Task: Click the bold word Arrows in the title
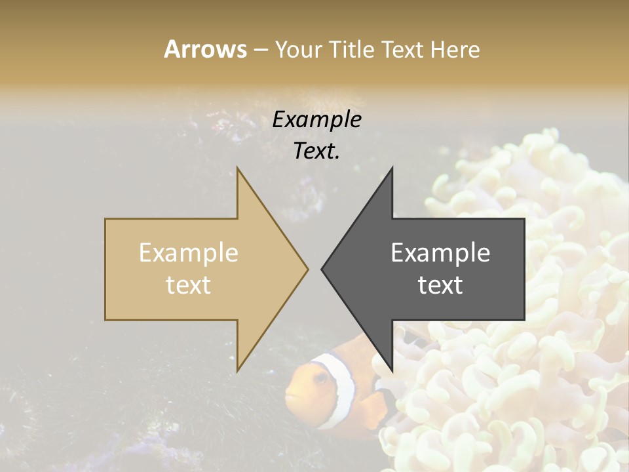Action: tap(206, 49)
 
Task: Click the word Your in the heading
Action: tap(298, 50)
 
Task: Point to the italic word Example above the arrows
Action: tap(316, 120)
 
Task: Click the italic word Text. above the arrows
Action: tap(316, 151)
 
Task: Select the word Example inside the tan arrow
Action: tap(188, 253)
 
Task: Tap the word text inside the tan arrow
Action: tap(188, 285)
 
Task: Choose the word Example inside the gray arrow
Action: tap(440, 253)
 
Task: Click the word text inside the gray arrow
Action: tap(440, 285)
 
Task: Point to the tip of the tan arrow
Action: tap(307, 269)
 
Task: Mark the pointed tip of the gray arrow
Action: tap(322, 269)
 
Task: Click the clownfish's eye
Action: tap(320, 378)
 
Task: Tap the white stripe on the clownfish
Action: tap(342, 387)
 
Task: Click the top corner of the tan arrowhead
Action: tap(237, 168)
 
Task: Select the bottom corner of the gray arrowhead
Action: tap(392, 371)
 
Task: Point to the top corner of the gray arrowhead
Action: tap(392, 168)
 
